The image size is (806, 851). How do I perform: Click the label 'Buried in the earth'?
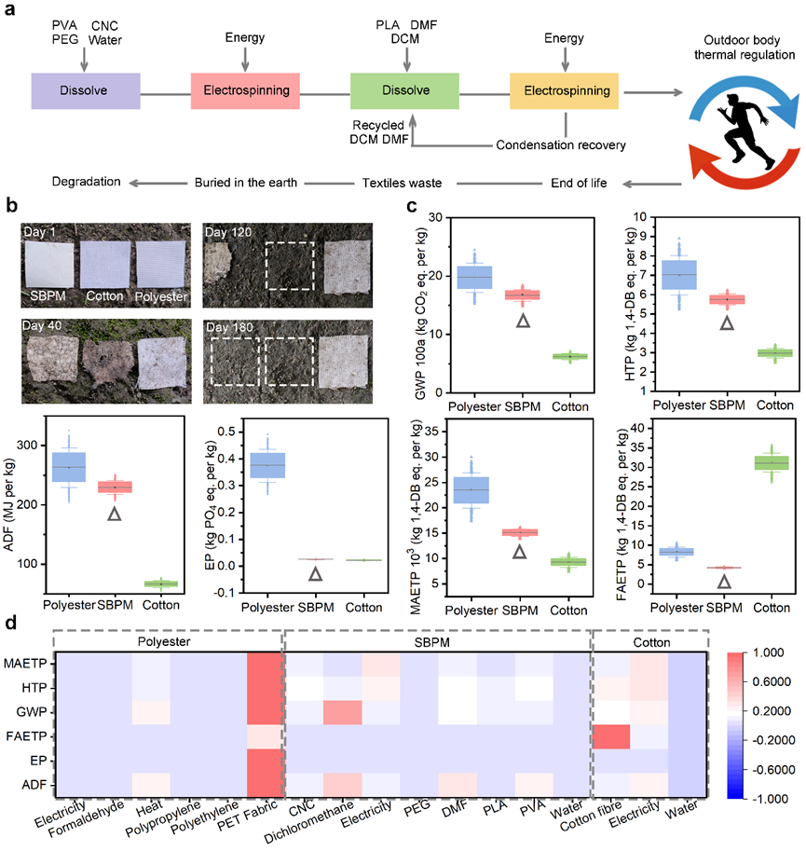click(x=245, y=182)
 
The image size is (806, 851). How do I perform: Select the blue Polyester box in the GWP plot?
click(x=474, y=278)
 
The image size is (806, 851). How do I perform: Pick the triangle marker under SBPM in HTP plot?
click(x=727, y=323)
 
